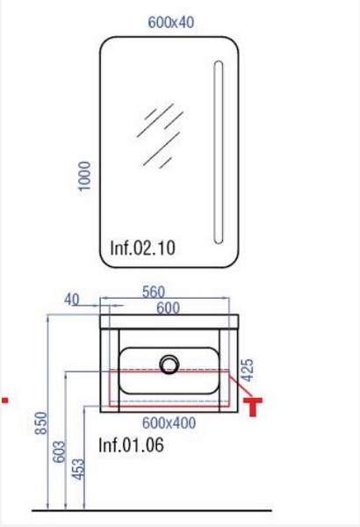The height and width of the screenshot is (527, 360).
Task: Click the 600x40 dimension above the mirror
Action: [x=170, y=23]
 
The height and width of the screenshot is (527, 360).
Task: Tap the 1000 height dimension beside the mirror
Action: [x=84, y=177]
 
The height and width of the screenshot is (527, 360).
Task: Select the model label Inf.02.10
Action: [x=143, y=248]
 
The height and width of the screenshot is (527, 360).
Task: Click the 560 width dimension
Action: [x=154, y=292]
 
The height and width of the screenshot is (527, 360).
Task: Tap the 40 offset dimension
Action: [x=72, y=300]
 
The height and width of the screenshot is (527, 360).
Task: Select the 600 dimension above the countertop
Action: [x=168, y=308]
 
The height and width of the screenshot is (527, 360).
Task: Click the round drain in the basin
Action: [x=169, y=365]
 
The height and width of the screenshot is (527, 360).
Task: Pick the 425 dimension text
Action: [x=248, y=370]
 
